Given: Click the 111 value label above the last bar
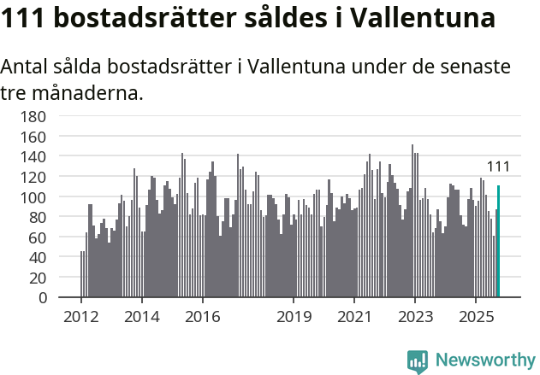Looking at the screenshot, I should [498, 167].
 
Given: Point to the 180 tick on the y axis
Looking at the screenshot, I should [47, 116].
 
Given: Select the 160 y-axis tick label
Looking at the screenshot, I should [47, 137].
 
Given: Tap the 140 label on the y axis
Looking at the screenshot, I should [47, 157].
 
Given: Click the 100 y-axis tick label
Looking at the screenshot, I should [47, 197].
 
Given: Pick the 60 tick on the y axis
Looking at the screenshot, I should [50, 237].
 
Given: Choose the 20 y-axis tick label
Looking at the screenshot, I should [50, 278].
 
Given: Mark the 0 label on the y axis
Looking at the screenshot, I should [54, 298].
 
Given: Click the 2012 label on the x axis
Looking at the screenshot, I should [81, 317].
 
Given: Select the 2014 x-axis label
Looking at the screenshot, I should [142, 317].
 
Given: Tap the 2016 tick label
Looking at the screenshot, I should [202, 317].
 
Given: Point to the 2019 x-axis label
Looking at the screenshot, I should [294, 317].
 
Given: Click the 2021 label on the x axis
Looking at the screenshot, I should [354, 317].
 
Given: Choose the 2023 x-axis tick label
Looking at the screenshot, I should [415, 317].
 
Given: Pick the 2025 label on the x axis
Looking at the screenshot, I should [476, 317].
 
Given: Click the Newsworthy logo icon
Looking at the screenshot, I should [418, 361].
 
